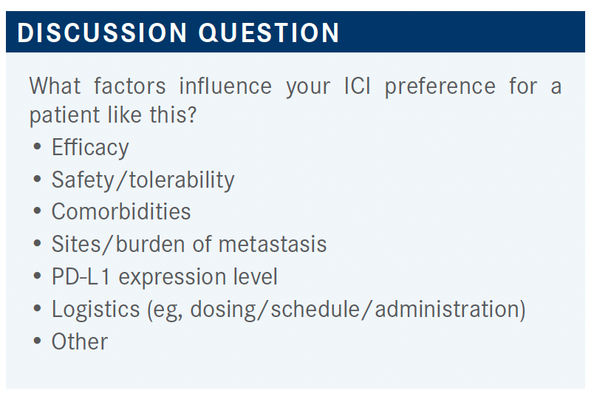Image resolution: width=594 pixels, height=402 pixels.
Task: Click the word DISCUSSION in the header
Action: pyautogui.click(x=102, y=33)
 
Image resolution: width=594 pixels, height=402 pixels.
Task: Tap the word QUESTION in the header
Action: pyautogui.click(x=269, y=33)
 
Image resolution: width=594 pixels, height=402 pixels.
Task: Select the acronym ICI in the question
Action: pyautogui.click(x=358, y=86)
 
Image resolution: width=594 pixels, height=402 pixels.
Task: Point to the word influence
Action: pyautogui.click(x=225, y=86)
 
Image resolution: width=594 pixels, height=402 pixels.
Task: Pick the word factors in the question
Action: pyautogui.click(x=129, y=86)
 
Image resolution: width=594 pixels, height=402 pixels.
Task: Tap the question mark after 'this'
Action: pyautogui.click(x=192, y=115)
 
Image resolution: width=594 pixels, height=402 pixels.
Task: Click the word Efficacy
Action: pyautogui.click(x=90, y=147)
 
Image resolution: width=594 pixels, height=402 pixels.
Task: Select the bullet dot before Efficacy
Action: pyautogui.click(x=37, y=146)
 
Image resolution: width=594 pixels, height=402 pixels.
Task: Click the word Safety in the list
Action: pyautogui.click(x=83, y=180)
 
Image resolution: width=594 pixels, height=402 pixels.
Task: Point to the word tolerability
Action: pyautogui.click(x=182, y=180)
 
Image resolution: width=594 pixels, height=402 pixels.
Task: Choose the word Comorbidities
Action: pyautogui.click(x=121, y=211)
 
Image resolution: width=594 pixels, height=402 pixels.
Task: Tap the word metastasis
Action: pyautogui.click(x=273, y=244)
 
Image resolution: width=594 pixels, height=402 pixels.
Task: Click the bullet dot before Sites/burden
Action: pyautogui.click(x=37, y=243)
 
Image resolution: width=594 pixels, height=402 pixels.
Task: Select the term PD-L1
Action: pyautogui.click(x=81, y=276)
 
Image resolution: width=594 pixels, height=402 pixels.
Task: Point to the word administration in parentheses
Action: pyautogui.click(x=446, y=309)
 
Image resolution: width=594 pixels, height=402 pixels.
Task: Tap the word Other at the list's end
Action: pyautogui.click(x=80, y=341)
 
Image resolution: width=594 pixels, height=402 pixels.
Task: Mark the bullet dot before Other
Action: pyautogui.click(x=37, y=341)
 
